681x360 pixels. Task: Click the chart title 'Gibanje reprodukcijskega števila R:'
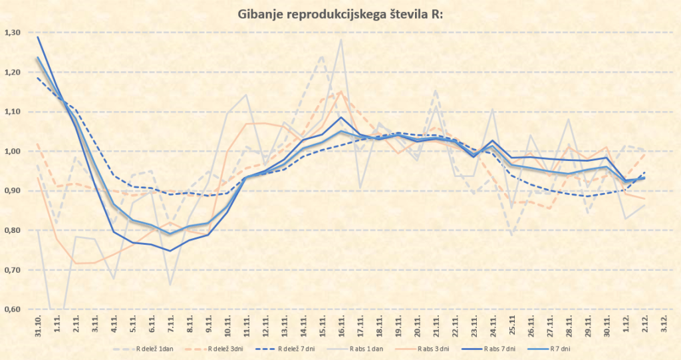click(x=340, y=14)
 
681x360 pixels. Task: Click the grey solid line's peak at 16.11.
click(x=341, y=39)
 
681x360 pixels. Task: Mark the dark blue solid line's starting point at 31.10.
click(x=38, y=37)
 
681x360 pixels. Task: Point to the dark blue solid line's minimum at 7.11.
click(x=171, y=251)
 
